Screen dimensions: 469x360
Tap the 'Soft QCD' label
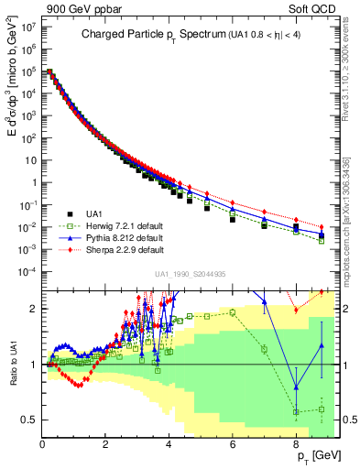pos(313,8)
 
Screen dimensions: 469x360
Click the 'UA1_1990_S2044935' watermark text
pos(189,275)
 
